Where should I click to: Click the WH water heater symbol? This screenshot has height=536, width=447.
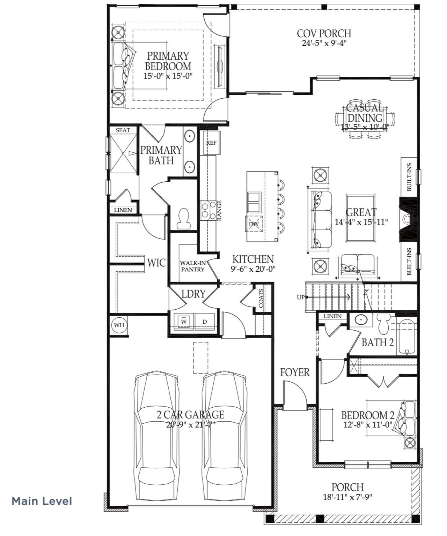[119, 325]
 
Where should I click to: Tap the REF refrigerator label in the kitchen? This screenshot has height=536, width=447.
[211, 143]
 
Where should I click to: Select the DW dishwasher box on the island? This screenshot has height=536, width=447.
[254, 224]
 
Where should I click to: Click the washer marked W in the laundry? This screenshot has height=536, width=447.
[184, 320]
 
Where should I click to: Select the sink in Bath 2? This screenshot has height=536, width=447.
[360, 319]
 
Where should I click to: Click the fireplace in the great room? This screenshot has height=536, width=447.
[408, 220]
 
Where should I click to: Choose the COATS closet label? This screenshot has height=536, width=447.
[261, 299]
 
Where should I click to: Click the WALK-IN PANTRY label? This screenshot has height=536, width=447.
[192, 266]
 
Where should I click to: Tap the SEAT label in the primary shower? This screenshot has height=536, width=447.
[123, 130]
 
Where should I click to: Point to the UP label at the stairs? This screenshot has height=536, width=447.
[300, 297]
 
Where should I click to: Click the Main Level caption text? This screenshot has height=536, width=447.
[42, 501]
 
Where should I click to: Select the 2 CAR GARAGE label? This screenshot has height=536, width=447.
[190, 414]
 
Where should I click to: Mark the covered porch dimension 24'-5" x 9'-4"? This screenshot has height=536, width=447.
[324, 43]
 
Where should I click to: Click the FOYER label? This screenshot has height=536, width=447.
[295, 372]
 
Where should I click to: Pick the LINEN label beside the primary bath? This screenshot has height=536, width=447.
[123, 210]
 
